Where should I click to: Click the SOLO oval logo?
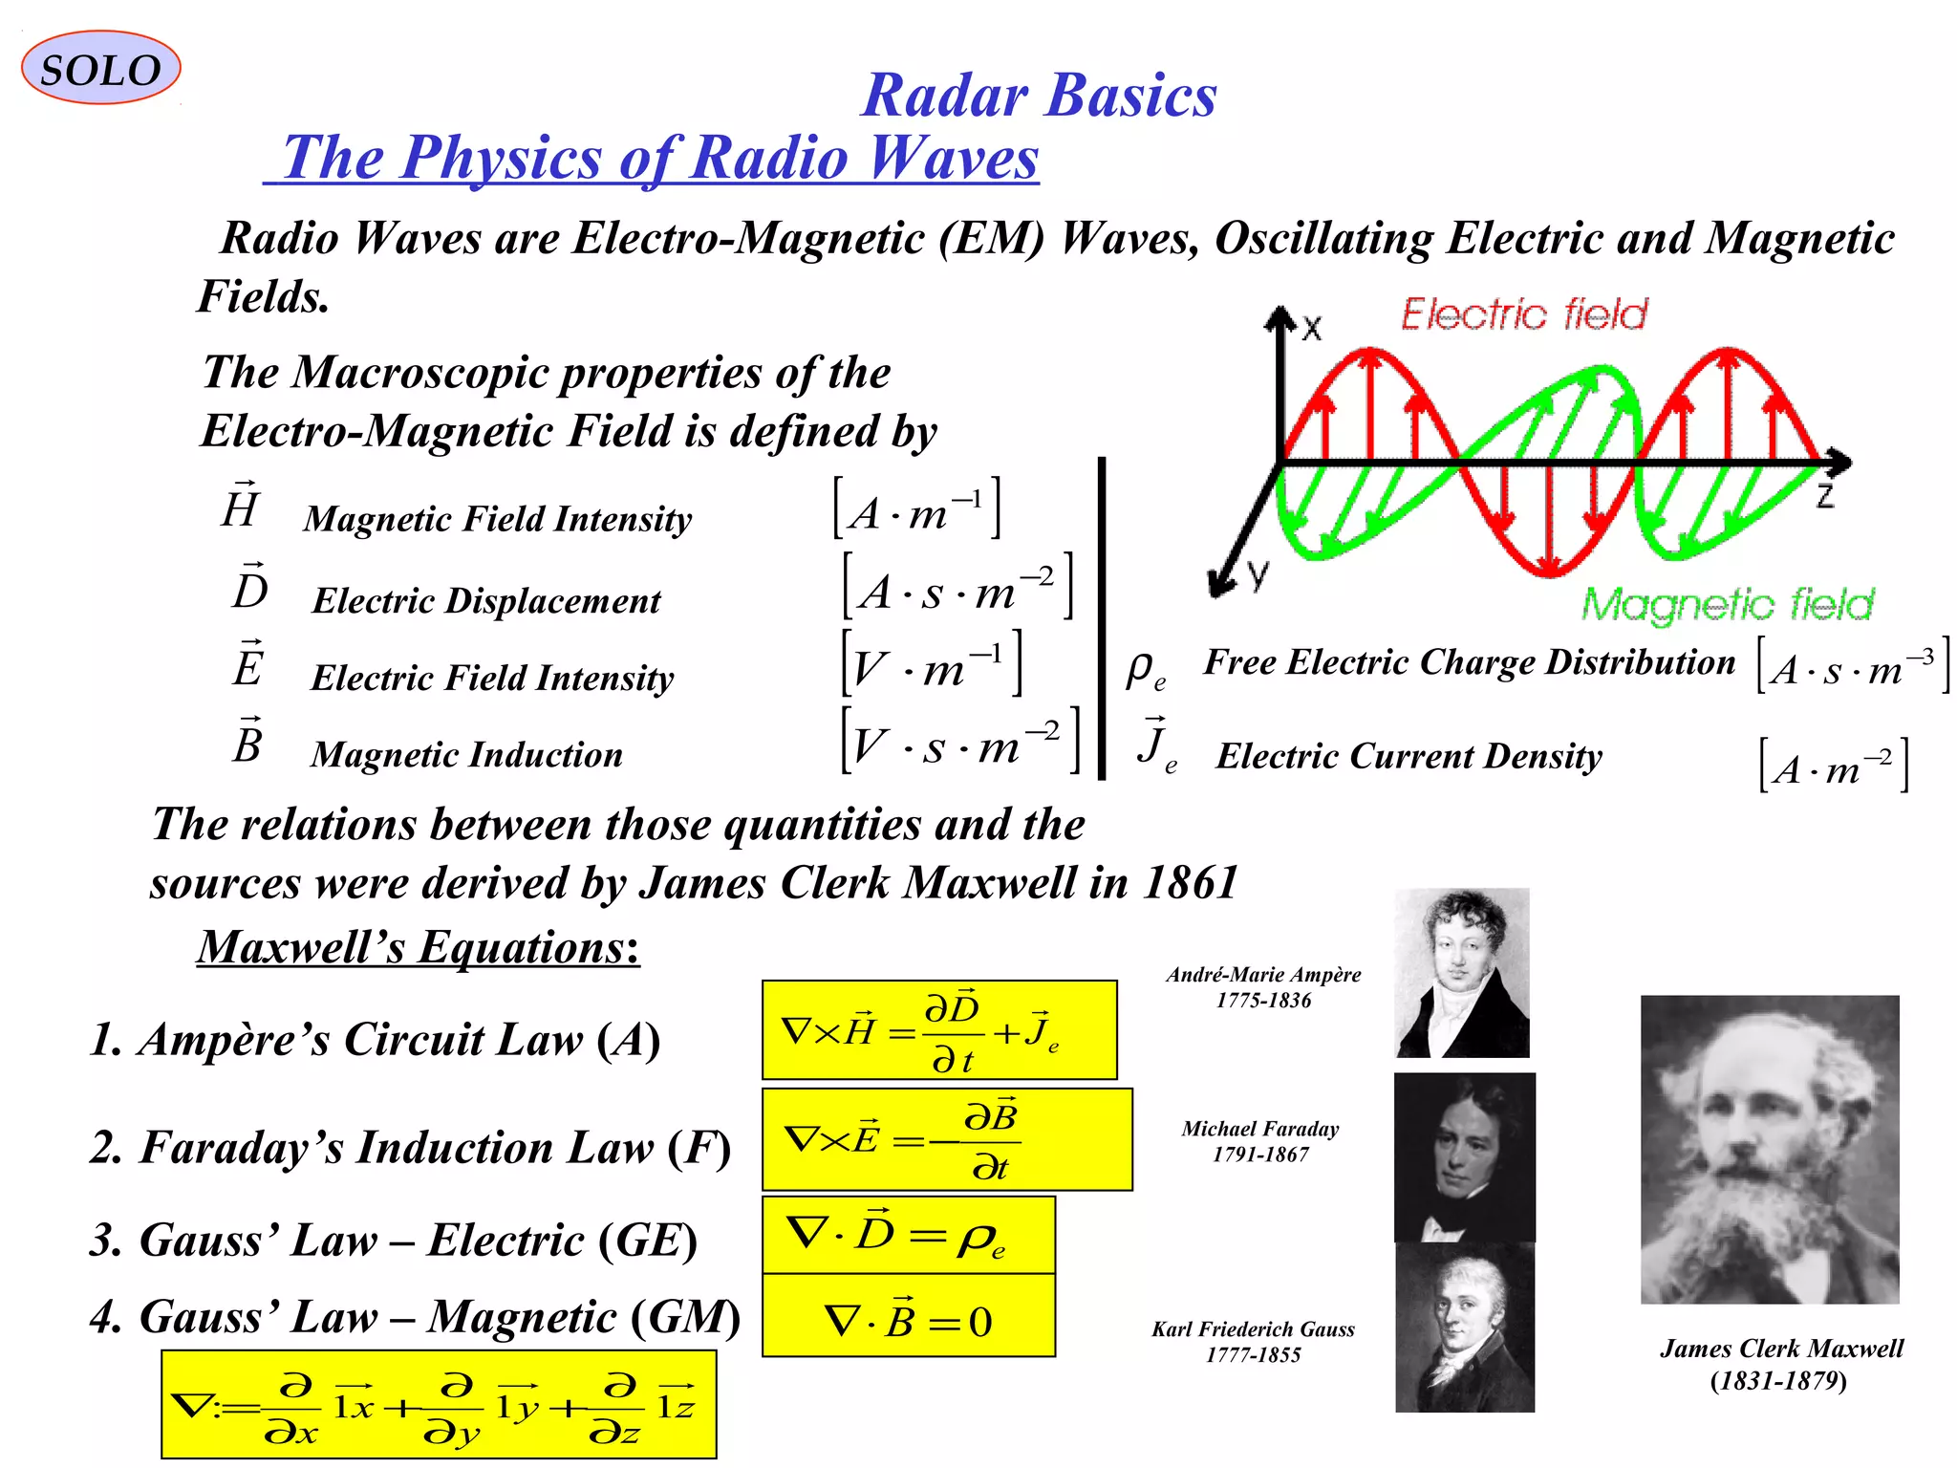100,69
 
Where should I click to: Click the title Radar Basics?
1039,96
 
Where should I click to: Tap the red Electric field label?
1524,314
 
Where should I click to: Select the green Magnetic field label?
1727,604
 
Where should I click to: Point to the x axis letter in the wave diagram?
1312,329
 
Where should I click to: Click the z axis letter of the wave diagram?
1824,495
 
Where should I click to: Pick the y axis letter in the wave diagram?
1258,573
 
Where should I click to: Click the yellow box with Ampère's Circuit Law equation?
938,1030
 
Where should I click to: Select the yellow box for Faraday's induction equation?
946,1139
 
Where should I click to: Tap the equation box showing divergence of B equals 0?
908,1317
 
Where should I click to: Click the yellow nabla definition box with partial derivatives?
438,1405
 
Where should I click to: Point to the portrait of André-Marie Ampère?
1462,973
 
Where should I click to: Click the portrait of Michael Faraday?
1464,1156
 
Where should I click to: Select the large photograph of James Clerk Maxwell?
1770,1149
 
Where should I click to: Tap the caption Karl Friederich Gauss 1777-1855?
1253,1342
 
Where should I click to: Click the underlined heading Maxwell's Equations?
418,947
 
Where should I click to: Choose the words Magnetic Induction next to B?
466,755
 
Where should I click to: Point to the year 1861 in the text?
1190,882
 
